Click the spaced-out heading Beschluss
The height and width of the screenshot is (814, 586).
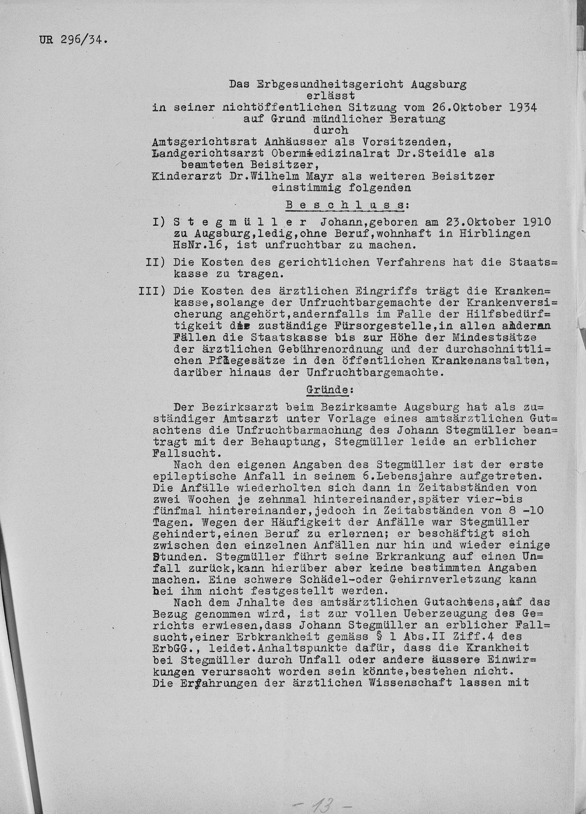(x=346, y=205)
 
